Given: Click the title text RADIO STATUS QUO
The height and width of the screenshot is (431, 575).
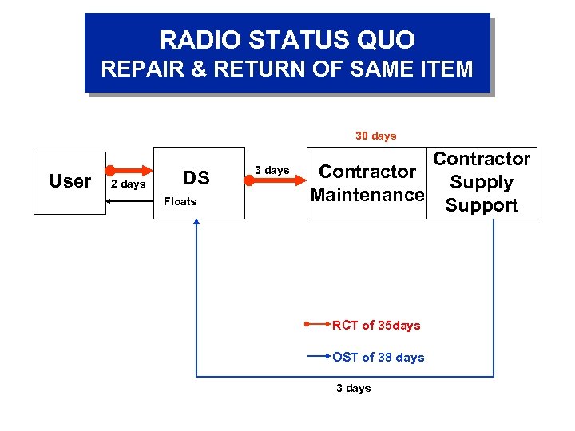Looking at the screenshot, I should [287, 39].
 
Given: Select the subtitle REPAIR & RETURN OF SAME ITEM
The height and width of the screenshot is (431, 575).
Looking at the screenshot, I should [287, 69].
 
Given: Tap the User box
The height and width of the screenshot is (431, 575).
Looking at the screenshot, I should [69, 181].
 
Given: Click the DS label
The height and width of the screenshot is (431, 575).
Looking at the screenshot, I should [196, 178].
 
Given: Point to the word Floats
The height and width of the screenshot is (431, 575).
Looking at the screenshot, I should [180, 201].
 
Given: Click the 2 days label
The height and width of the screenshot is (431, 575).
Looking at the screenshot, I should [128, 184].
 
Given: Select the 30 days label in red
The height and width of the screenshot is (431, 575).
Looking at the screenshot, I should [375, 136].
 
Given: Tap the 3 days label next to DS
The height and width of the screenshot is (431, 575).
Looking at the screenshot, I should [272, 170].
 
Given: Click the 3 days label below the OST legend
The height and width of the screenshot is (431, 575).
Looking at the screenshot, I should [352, 388].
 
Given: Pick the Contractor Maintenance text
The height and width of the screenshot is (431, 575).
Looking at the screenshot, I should [367, 183].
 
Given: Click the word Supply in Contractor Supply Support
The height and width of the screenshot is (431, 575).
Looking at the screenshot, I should [482, 182].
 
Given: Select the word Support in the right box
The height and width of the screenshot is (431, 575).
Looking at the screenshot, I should [482, 205].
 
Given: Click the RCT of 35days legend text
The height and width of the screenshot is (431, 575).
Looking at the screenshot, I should [376, 325].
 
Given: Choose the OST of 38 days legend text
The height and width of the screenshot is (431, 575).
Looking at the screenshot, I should [379, 357].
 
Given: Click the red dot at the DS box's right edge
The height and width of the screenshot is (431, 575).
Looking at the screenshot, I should [248, 181].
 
